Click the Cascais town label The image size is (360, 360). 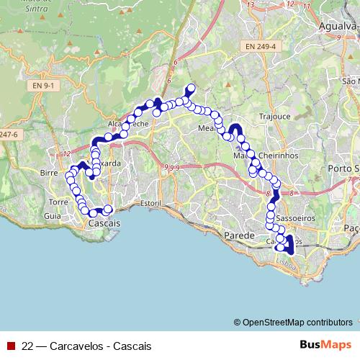[102, 224]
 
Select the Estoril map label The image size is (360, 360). [150, 204]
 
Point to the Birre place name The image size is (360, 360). [49, 174]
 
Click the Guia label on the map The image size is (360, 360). [52, 215]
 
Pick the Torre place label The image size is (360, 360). [58, 202]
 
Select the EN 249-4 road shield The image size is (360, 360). [259, 48]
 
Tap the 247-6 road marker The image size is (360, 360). [9, 134]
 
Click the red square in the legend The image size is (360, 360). [11, 346]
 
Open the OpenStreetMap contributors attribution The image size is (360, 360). [297, 322]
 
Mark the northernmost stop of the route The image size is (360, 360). [191, 89]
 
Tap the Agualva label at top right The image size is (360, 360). [338, 26]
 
